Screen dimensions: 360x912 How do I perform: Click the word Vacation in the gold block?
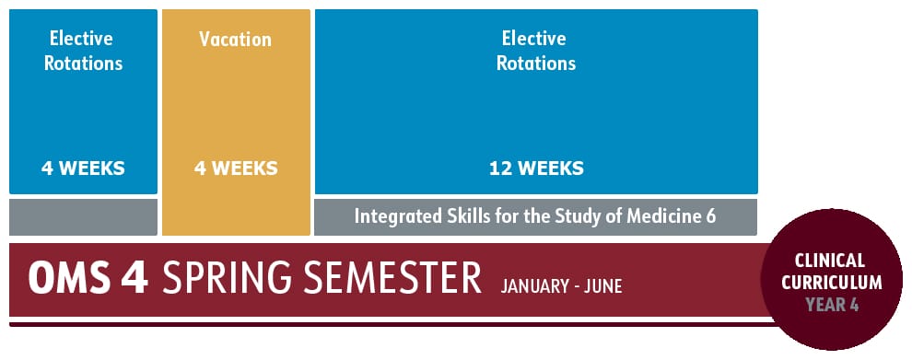click(x=235, y=40)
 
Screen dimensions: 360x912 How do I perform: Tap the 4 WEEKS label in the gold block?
click(x=235, y=168)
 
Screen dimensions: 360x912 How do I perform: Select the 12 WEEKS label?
click(x=536, y=168)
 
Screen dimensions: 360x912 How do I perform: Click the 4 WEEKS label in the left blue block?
click(x=83, y=168)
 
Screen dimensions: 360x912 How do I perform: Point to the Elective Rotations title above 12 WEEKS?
click(x=536, y=51)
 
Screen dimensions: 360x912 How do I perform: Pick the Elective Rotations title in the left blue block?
click(x=83, y=51)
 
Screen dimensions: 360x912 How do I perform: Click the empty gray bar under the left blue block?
click(x=83, y=217)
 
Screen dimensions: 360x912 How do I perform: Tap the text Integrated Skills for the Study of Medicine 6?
click(x=535, y=217)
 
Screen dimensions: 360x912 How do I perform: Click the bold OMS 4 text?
click(x=88, y=278)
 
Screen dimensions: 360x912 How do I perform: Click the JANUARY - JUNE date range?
click(x=561, y=286)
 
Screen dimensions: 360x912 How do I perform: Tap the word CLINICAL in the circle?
click(x=829, y=261)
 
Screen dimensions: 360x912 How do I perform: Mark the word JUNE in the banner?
click(x=602, y=286)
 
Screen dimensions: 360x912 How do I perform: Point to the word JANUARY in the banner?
click(x=533, y=286)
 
